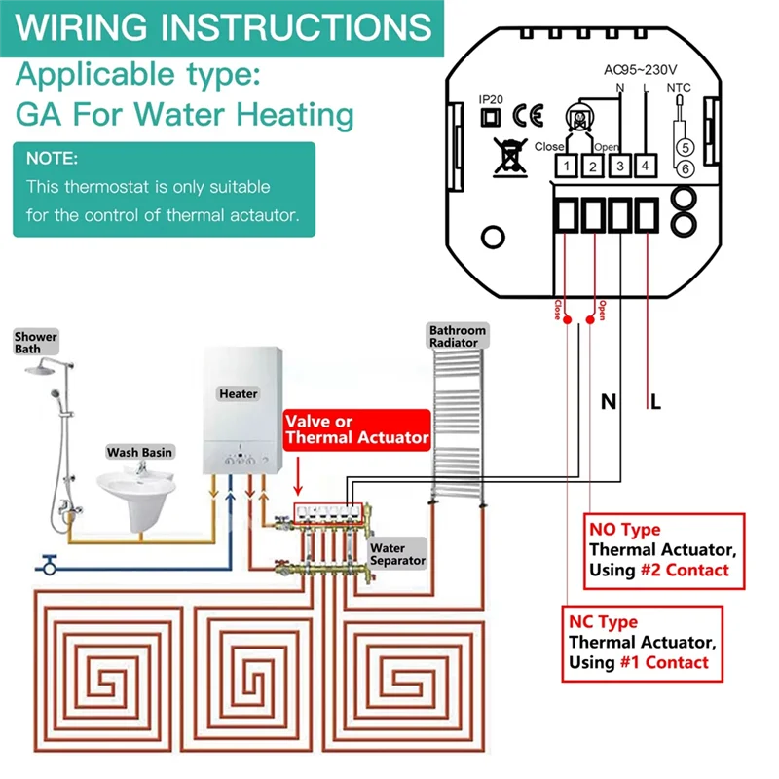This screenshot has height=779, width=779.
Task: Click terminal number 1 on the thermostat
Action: (566, 167)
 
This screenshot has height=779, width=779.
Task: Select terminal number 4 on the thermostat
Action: (645, 167)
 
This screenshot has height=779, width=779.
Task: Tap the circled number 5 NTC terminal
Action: (685, 147)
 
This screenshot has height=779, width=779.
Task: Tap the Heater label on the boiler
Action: (239, 393)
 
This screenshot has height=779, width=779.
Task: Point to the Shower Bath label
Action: (35, 343)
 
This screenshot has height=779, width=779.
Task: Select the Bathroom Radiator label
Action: (455, 337)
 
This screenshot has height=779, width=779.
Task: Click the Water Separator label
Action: (396, 554)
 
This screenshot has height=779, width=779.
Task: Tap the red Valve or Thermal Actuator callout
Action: (356, 429)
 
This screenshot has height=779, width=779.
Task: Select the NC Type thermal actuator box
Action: (644, 643)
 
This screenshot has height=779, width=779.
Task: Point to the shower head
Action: (43, 369)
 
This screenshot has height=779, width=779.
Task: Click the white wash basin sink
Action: (135, 486)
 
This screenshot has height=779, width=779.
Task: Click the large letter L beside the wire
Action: (655, 401)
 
